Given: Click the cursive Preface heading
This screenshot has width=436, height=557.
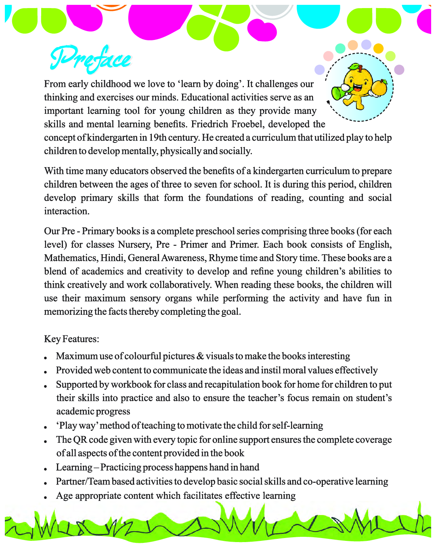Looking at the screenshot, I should pyautogui.click(x=90, y=59).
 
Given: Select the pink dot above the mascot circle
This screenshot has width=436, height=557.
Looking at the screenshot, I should pyautogui.click(x=329, y=56).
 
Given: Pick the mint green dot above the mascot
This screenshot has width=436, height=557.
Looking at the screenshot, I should pyautogui.click(x=340, y=48).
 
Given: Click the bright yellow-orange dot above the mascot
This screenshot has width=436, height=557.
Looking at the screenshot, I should pyautogui.click(x=378, y=48).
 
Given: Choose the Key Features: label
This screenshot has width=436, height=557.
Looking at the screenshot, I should pyautogui.click(x=71, y=339).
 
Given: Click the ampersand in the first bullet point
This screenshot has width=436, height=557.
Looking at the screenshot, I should pyautogui.click(x=200, y=356).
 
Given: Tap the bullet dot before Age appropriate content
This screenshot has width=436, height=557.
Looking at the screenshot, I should pyautogui.click(x=47, y=497).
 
